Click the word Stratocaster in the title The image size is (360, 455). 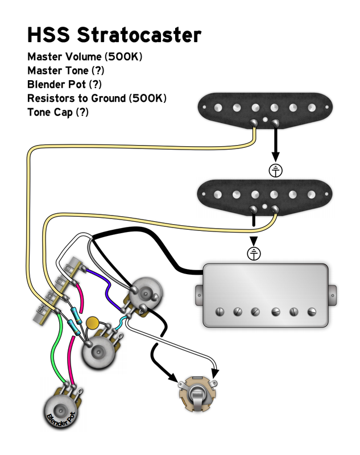(x=139, y=35)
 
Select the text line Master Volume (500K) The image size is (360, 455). (x=85, y=57)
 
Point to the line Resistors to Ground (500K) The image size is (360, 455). (x=97, y=98)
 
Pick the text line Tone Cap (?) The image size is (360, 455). (x=58, y=111)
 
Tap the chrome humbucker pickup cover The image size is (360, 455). (x=265, y=296)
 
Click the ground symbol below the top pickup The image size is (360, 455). (x=276, y=169)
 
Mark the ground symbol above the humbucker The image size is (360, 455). (x=254, y=253)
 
